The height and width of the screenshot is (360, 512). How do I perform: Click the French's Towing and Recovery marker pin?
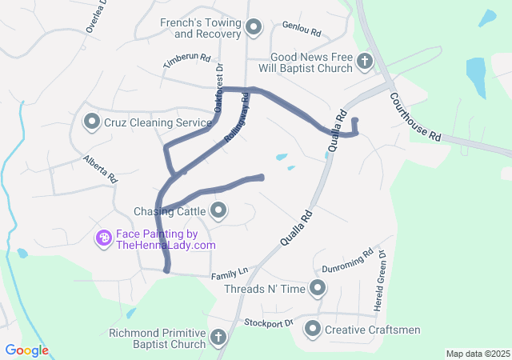[254, 29]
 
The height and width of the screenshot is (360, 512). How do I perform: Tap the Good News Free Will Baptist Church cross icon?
[364, 61]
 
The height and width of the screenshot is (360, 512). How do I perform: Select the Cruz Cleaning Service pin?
[91, 122]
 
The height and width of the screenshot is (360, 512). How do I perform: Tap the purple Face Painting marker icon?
[103, 238]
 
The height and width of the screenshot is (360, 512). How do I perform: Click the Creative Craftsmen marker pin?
[312, 329]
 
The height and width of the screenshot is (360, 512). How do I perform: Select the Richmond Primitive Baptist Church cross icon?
[217, 337]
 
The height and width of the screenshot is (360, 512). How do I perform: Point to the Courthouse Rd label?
[416, 116]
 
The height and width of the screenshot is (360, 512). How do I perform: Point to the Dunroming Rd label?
[347, 262]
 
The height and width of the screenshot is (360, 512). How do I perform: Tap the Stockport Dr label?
[269, 323]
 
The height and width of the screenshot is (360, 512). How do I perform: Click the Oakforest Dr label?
[218, 89]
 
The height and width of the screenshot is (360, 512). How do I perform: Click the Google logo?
[27, 350]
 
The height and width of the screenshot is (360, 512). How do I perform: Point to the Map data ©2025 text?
[477, 354]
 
